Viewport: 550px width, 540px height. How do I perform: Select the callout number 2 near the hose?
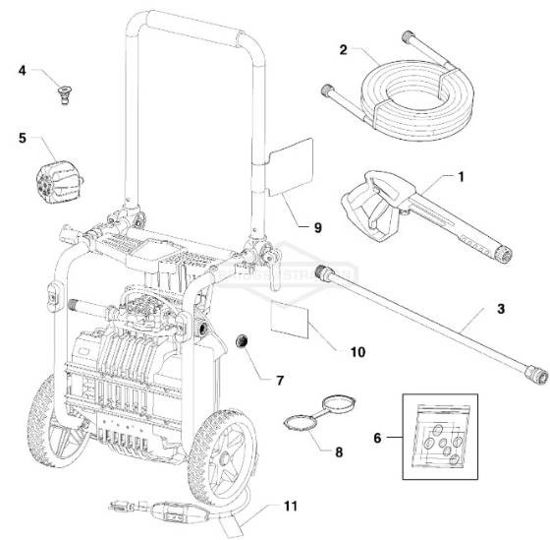343,49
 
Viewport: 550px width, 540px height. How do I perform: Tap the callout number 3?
501,310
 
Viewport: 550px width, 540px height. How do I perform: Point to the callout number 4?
22,72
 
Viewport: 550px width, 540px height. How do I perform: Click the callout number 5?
22,138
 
